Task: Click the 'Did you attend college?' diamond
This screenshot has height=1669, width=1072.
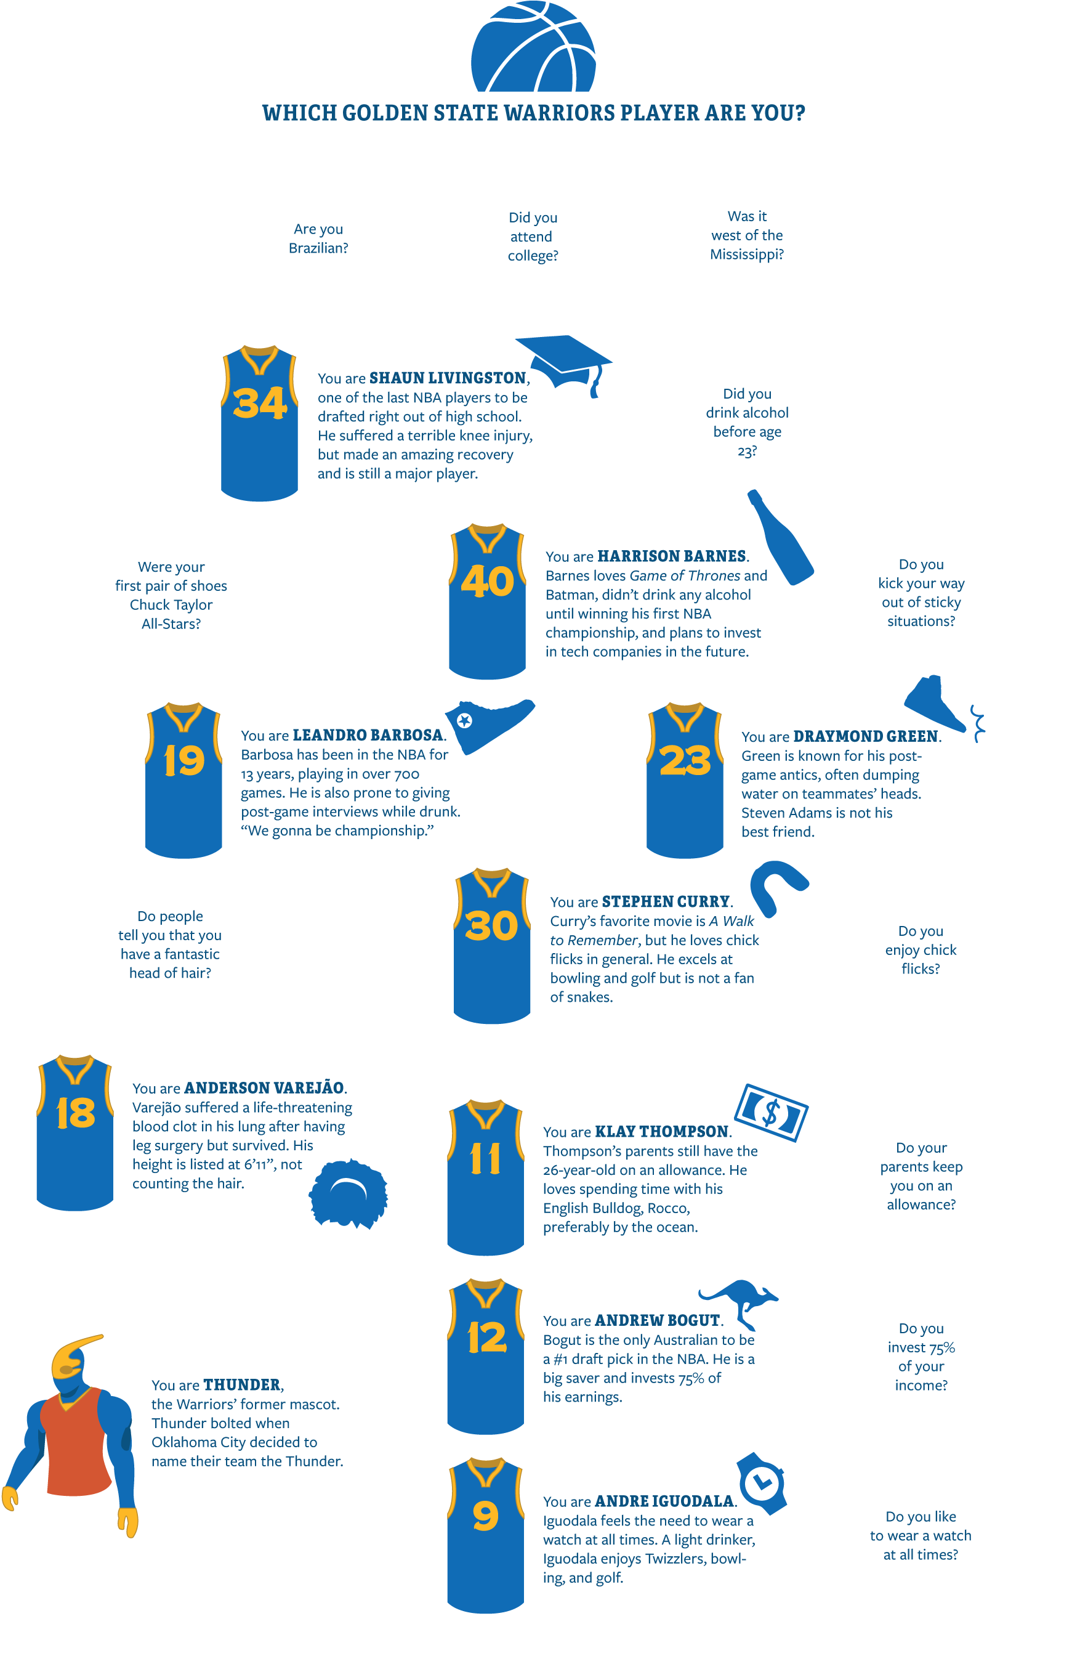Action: [x=533, y=237]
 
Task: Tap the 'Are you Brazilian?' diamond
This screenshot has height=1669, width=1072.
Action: [x=319, y=237]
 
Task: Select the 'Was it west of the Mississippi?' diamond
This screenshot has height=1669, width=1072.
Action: [x=746, y=235]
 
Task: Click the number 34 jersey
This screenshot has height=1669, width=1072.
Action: [x=260, y=423]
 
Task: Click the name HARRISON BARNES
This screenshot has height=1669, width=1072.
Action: [x=672, y=556]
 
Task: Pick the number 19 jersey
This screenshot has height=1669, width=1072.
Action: [x=183, y=780]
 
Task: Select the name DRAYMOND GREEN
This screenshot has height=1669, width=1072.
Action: [x=866, y=737]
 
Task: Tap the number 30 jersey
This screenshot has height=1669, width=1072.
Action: [x=492, y=946]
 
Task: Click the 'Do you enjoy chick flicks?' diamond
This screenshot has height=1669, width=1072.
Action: [x=921, y=949]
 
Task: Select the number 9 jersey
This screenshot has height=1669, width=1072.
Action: [x=485, y=1535]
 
